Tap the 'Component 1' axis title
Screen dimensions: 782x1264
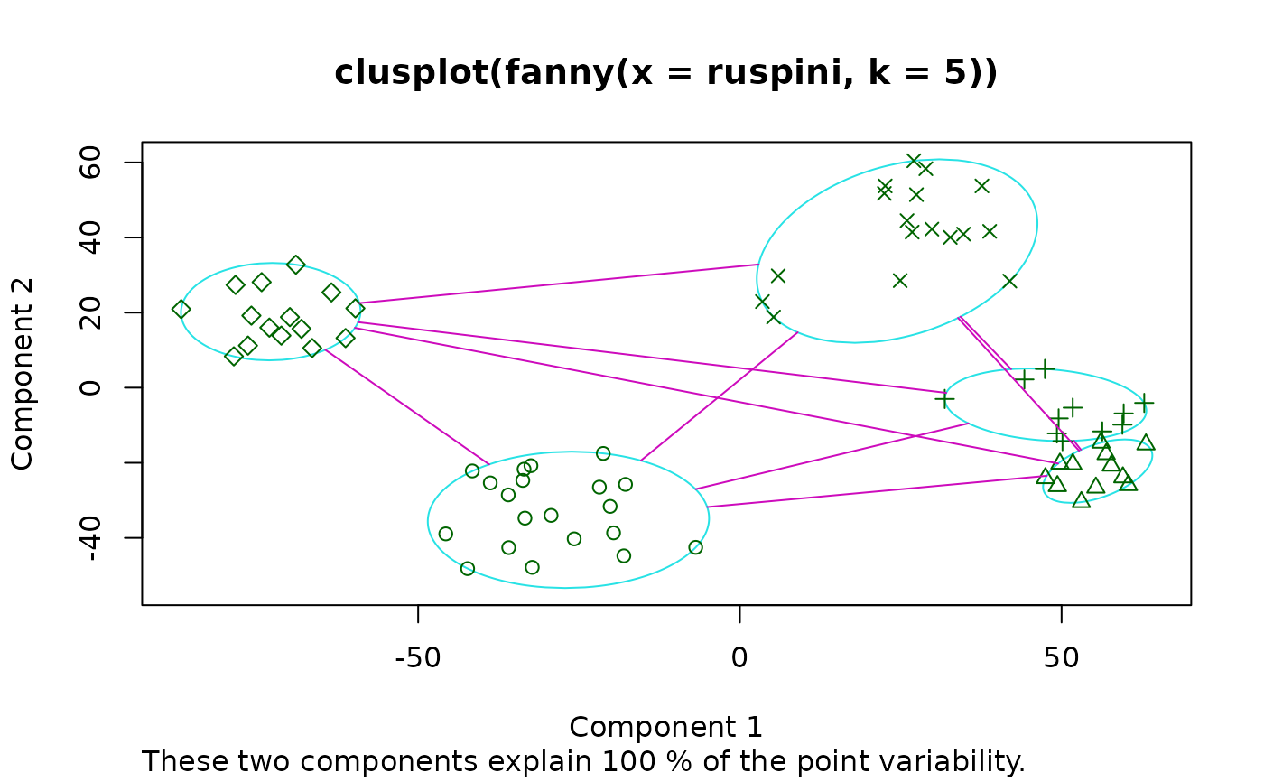click(666, 727)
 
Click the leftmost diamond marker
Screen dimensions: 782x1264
click(181, 309)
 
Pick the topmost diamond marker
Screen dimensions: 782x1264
click(296, 265)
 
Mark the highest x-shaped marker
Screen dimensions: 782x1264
click(914, 161)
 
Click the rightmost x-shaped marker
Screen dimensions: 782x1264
click(1009, 281)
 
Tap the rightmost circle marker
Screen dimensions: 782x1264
click(695, 547)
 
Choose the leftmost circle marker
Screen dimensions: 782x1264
click(445, 534)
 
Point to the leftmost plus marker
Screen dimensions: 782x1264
click(944, 398)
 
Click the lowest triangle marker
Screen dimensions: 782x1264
click(1081, 499)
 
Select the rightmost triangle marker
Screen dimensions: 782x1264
click(1146, 442)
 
